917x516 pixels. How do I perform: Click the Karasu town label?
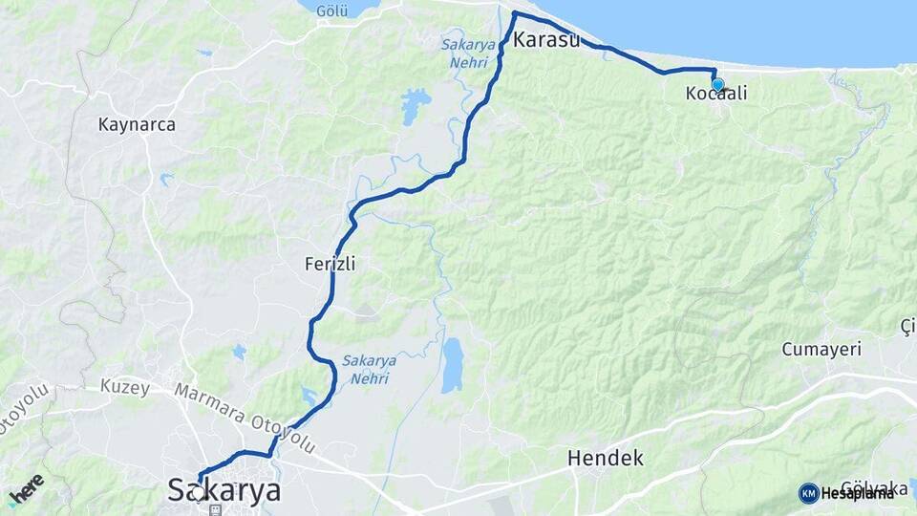(546, 40)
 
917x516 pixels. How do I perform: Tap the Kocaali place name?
(714, 94)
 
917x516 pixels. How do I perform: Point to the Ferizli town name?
(330, 263)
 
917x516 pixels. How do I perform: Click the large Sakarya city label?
(225, 491)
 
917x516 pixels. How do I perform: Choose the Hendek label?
(605, 458)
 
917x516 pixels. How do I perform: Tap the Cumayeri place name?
(821, 349)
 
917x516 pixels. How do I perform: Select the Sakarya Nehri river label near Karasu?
(467, 54)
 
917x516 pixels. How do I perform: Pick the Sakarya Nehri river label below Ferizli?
(366, 370)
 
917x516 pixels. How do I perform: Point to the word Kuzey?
(124, 387)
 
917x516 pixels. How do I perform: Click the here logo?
(26, 488)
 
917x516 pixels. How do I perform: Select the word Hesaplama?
(858, 493)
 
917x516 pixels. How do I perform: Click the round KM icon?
(808, 493)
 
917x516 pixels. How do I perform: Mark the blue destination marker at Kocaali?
(717, 85)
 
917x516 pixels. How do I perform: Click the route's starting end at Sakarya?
(200, 480)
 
